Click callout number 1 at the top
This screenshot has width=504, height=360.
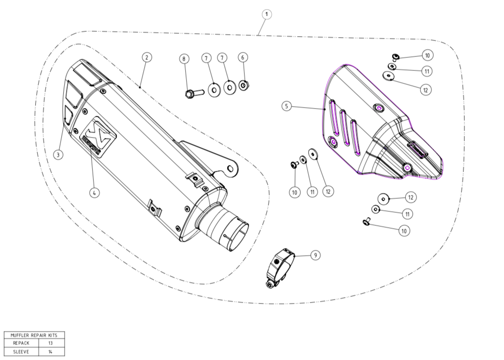pos(267,14)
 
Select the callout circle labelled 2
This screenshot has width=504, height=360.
pos(147,57)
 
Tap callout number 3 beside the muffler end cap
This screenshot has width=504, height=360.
pos(58,155)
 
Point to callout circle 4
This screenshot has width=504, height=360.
pos(95,193)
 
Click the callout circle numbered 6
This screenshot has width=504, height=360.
pos(243,57)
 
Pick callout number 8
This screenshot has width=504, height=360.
pos(183,58)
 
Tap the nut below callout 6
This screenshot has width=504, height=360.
pos(244,86)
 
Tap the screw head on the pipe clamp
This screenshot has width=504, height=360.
pos(269,285)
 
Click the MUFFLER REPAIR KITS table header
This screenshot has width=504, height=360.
pos(34,334)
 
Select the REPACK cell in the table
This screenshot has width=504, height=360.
pos(22,343)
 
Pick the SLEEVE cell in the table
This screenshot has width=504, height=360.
pos(22,352)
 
